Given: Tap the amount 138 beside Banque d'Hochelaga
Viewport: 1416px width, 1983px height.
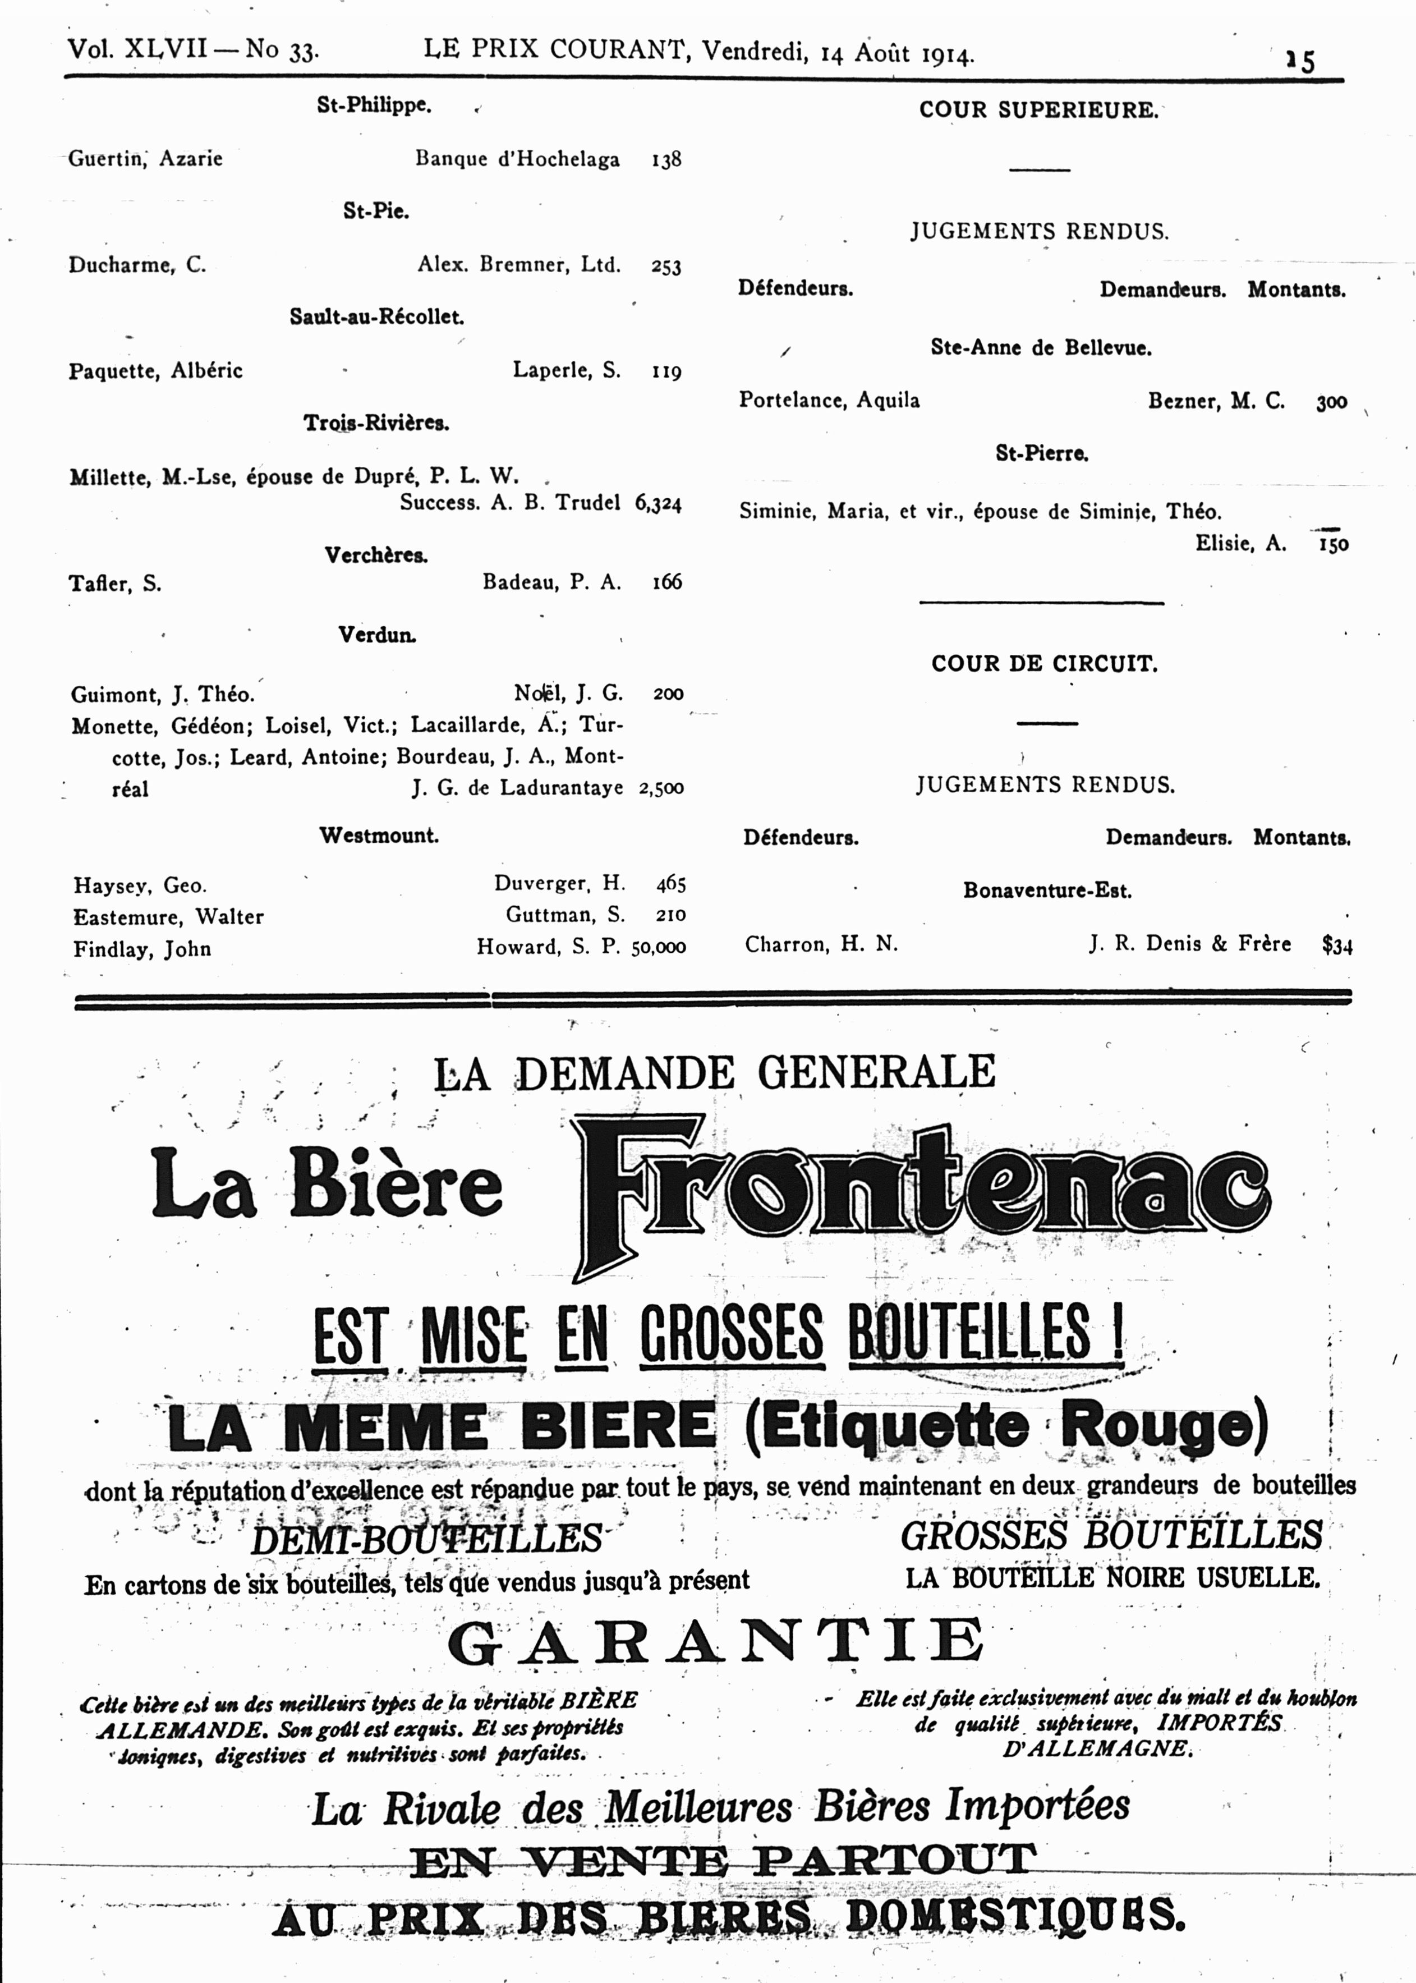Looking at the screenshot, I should tap(666, 159).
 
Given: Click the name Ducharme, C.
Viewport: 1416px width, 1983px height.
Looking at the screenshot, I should tap(137, 265).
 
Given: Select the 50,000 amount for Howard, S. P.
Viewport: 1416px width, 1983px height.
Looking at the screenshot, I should tap(658, 947).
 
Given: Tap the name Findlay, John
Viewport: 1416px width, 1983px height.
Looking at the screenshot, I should tap(141, 949).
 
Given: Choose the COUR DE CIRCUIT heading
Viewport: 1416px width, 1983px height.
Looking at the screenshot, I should tap(1043, 664).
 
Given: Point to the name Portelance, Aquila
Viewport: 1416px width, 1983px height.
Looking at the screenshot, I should tap(828, 400).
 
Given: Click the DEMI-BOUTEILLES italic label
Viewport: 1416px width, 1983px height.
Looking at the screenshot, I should tap(426, 1539).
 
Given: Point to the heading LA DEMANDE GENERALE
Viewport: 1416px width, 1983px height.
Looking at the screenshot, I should tap(714, 1073).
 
